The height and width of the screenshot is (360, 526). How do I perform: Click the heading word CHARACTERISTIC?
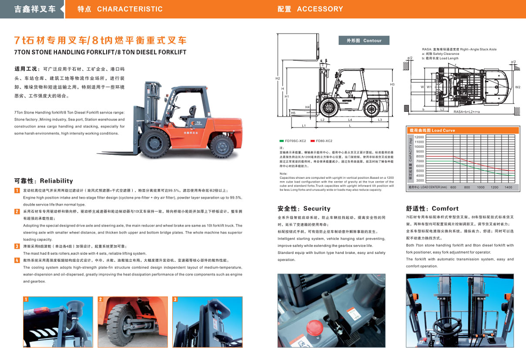coord(130,9)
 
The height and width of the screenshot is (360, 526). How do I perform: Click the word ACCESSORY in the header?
coord(320,9)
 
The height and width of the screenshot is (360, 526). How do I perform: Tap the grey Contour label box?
coord(364,40)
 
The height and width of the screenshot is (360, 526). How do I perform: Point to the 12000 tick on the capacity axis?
coord(419,137)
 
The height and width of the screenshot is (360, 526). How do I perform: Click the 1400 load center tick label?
coord(508,187)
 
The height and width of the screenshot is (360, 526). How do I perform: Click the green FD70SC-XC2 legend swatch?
coord(281,141)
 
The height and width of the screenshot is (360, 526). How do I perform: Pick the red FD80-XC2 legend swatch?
coord(312,141)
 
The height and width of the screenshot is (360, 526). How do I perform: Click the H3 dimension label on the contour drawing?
coord(392,84)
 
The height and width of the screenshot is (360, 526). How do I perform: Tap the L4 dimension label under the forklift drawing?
coord(350,119)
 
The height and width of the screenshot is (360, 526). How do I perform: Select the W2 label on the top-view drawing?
coord(518,87)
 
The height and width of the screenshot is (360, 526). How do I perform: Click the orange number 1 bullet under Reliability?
coord(17,190)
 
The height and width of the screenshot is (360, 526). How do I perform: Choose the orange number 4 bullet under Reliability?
coord(17,260)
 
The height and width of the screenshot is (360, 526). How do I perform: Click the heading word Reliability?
coord(57,181)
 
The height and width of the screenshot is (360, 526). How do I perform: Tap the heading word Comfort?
coord(445,209)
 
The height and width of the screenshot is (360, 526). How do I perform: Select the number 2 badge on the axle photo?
coord(101,300)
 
